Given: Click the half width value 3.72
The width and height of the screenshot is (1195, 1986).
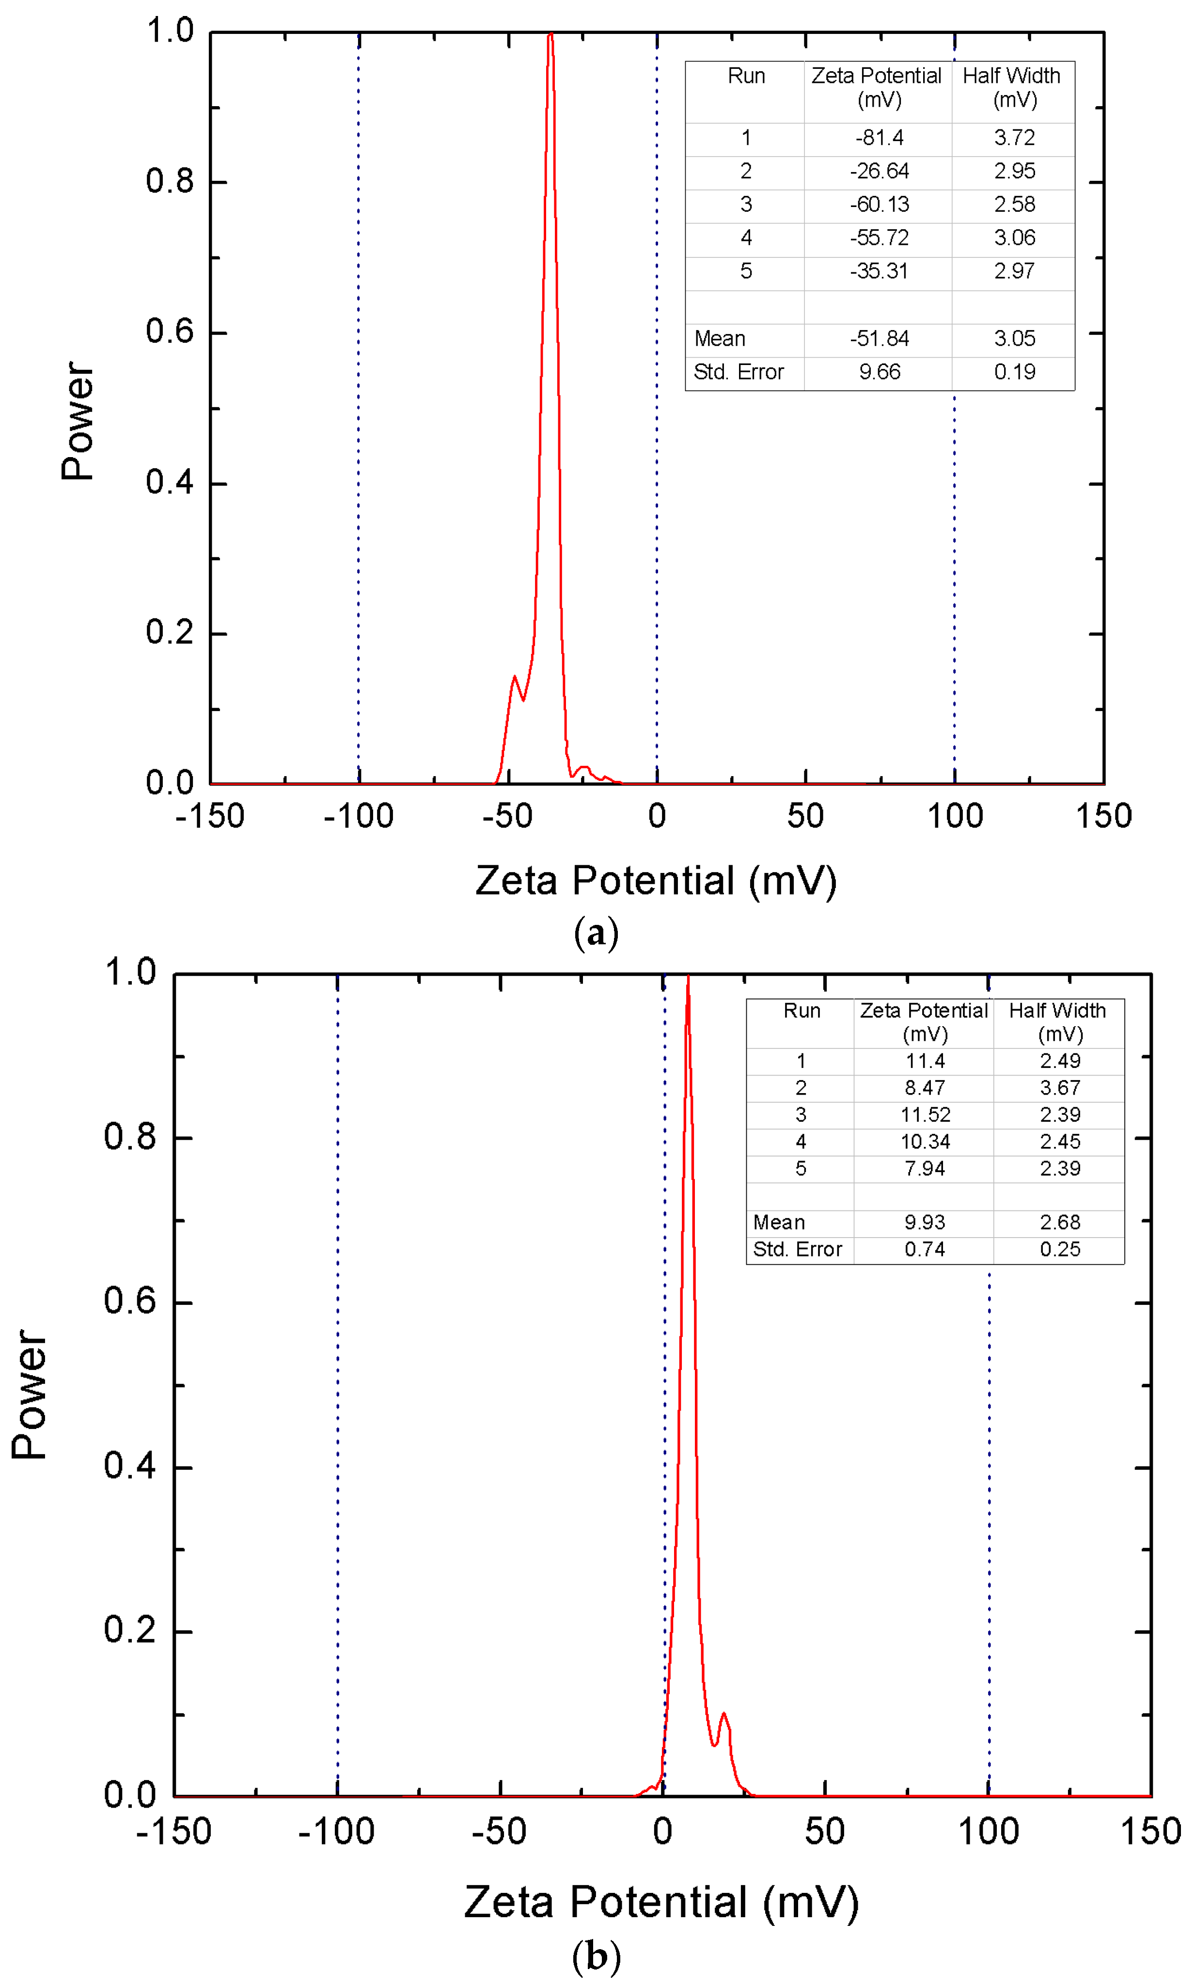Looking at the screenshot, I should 1014,138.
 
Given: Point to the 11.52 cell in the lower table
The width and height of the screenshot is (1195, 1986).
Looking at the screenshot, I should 925,1114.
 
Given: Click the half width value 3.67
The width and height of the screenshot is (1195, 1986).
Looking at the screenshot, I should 1060,1088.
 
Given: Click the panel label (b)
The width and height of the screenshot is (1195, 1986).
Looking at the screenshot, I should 596,1957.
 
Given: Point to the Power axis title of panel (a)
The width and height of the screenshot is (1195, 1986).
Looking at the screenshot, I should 78,421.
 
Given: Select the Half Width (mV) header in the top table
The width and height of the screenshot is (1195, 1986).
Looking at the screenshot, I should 1012,87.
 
